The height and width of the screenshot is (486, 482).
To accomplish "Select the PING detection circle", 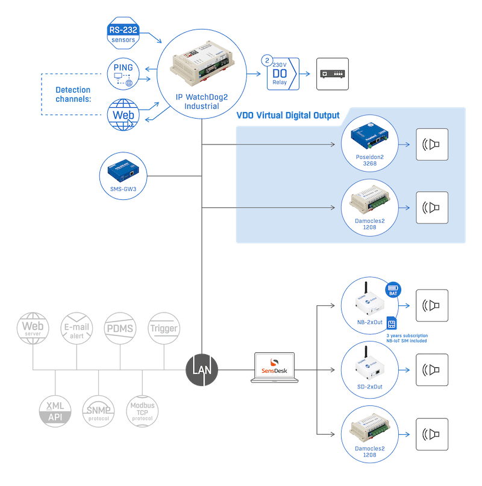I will pyautogui.click(x=124, y=74).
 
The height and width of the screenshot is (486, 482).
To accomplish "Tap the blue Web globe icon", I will pyautogui.click(x=124, y=114).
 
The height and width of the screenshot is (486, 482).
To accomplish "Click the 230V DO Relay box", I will pyautogui.click(x=283, y=74).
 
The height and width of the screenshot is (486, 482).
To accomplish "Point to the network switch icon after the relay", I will pyautogui.click(x=333, y=74).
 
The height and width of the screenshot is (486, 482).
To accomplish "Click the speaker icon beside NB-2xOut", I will pyautogui.click(x=432, y=305).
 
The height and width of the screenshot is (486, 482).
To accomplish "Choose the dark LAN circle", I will pyautogui.click(x=202, y=369).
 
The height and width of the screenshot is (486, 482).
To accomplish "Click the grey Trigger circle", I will pyautogui.click(x=164, y=328).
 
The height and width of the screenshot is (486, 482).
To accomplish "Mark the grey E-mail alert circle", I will pyautogui.click(x=77, y=328).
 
